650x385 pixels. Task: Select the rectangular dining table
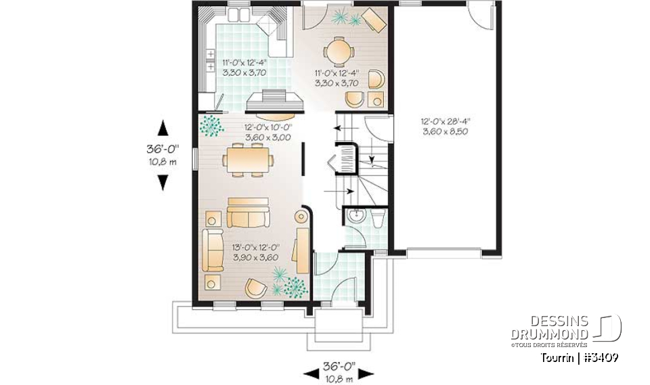(x=248, y=160)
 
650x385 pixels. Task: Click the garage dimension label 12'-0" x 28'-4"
(x=445, y=127)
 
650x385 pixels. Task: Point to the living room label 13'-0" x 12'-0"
(x=256, y=252)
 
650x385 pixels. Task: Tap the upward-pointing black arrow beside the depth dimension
(x=162, y=129)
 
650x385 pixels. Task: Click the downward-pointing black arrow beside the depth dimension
(x=162, y=181)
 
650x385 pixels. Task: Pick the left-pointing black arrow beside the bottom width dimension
(x=312, y=373)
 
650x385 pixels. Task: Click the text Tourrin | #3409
(x=579, y=357)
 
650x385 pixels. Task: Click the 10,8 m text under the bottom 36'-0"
(x=339, y=379)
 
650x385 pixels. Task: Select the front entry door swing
(x=345, y=288)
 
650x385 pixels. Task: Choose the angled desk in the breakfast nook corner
(x=374, y=20)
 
